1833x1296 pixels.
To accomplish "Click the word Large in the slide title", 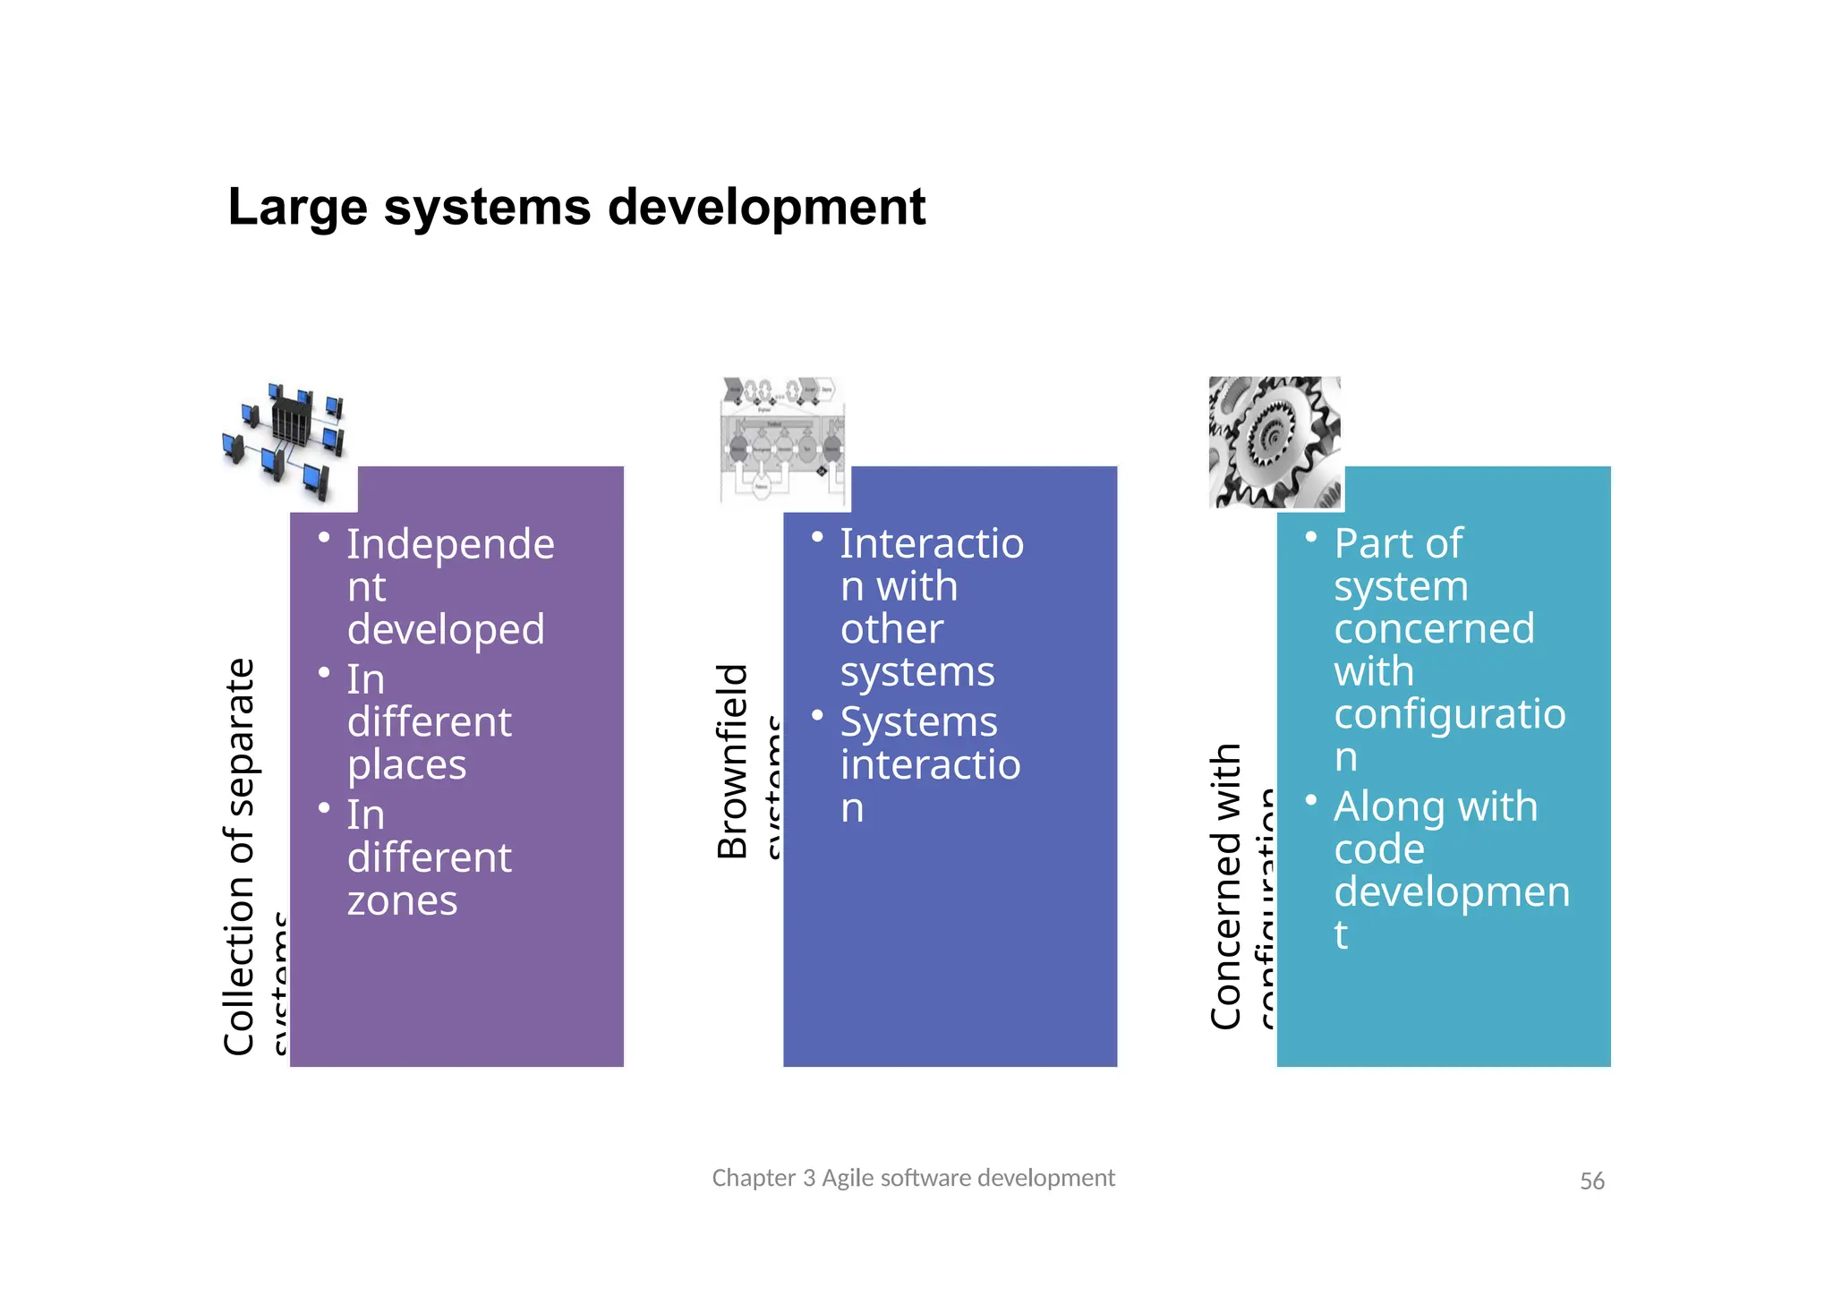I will [297, 209].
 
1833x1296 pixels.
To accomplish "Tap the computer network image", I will [285, 442].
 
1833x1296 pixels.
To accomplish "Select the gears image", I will [1275, 442].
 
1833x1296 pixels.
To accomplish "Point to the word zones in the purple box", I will [402, 900].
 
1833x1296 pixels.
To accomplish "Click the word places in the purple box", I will [406, 765].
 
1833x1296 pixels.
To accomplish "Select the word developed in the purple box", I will [446, 629].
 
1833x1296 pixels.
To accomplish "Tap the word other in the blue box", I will [891, 629].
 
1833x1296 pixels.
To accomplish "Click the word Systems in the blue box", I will [918, 721].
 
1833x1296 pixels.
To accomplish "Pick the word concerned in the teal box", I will [1434, 629].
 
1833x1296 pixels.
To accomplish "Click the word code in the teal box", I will [1378, 849].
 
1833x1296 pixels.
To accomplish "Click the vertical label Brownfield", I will [733, 761].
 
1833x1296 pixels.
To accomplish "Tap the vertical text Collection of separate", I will [240, 857].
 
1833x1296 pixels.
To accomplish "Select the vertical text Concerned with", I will [1226, 886].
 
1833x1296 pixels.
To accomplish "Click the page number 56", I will [1591, 1181].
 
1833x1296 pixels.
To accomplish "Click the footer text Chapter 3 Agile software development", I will [913, 1178].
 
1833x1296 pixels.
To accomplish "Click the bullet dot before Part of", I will [1311, 537].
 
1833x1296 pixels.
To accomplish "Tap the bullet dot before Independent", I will [324, 538].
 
